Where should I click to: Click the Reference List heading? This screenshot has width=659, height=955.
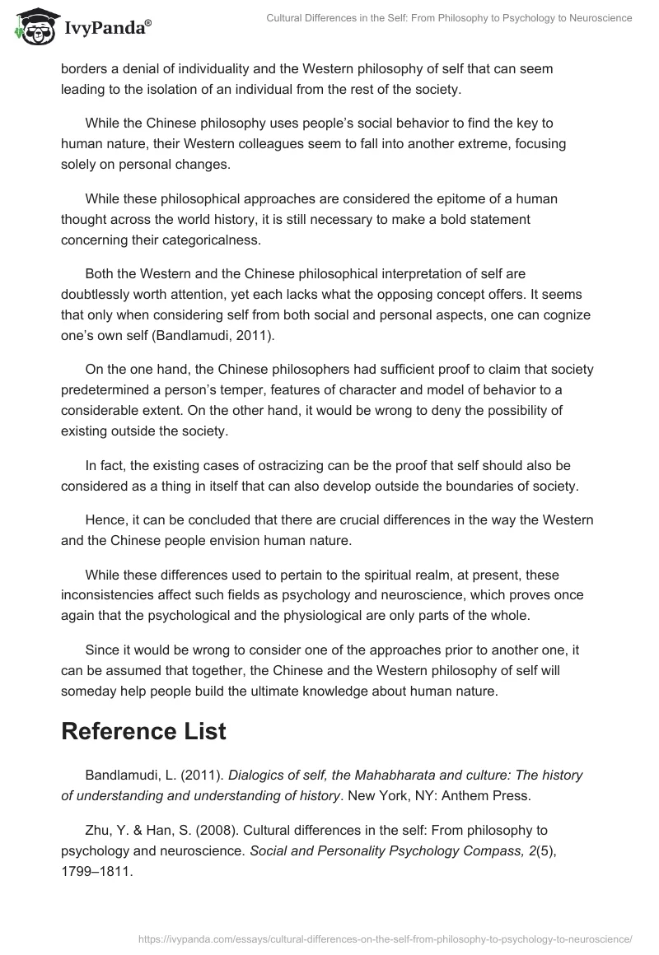(x=143, y=731)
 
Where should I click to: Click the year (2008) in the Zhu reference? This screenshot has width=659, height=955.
(x=188, y=830)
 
